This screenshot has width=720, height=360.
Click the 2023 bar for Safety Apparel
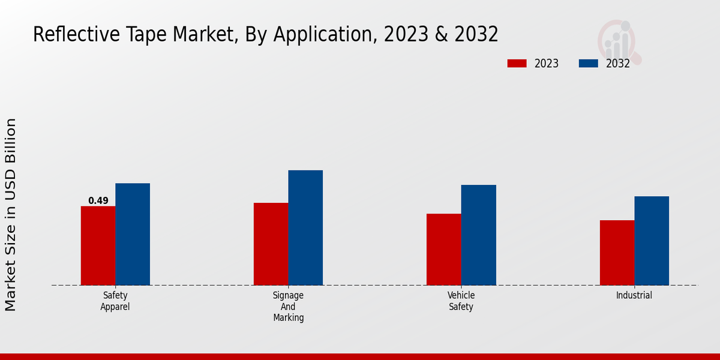[x=98, y=245]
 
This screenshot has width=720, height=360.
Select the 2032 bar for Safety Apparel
[x=133, y=234]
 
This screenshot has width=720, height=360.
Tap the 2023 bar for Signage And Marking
[x=271, y=244]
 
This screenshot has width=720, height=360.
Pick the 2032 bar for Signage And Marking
[x=305, y=227]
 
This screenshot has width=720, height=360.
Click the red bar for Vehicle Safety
[x=444, y=249]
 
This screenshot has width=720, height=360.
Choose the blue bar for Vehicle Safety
[x=479, y=235]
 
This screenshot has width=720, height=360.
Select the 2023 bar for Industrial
[x=617, y=253]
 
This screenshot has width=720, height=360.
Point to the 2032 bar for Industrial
[x=652, y=241]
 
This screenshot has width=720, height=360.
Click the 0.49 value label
[x=98, y=201]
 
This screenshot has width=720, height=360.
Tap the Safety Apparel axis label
[x=115, y=301]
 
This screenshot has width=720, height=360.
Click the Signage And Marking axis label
[x=289, y=306]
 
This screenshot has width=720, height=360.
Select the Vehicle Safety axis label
[x=461, y=301]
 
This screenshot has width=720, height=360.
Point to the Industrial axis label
[x=634, y=295]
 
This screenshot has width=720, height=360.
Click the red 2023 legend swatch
[x=517, y=63]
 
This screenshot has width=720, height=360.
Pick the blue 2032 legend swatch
[x=588, y=63]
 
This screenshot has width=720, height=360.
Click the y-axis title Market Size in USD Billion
[x=11, y=214]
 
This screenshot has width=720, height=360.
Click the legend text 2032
[x=617, y=64]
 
